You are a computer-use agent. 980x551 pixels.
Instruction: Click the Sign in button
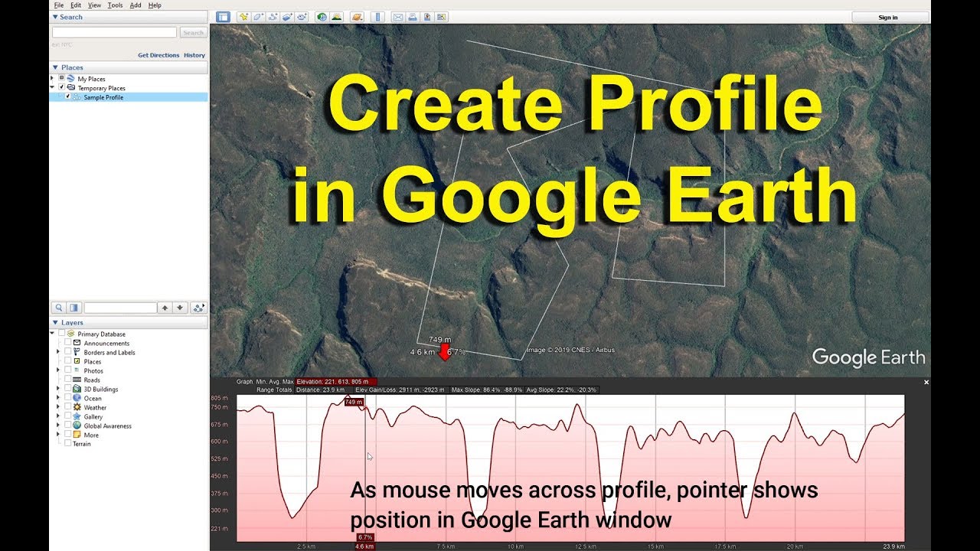click(888, 17)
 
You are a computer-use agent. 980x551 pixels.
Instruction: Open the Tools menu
click(115, 5)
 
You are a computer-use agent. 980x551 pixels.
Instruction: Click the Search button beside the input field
click(193, 33)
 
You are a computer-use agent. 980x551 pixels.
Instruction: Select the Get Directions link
click(158, 55)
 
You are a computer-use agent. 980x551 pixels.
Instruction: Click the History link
click(194, 55)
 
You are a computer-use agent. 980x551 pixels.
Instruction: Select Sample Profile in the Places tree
click(103, 97)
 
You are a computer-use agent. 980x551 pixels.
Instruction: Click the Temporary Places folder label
click(101, 88)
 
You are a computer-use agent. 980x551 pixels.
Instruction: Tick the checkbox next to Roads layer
click(68, 380)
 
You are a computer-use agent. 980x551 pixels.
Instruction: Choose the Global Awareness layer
click(107, 425)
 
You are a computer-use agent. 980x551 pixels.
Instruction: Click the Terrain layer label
click(81, 444)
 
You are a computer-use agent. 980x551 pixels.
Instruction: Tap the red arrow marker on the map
click(443, 352)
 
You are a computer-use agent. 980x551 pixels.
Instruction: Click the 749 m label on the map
click(439, 339)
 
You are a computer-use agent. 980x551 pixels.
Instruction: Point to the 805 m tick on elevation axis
click(220, 398)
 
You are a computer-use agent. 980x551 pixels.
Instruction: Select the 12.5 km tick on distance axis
click(585, 546)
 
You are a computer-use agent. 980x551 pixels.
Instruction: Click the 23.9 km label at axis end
click(893, 546)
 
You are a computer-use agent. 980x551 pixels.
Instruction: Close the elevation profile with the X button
click(926, 382)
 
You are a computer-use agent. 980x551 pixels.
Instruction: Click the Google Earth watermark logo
click(868, 357)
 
